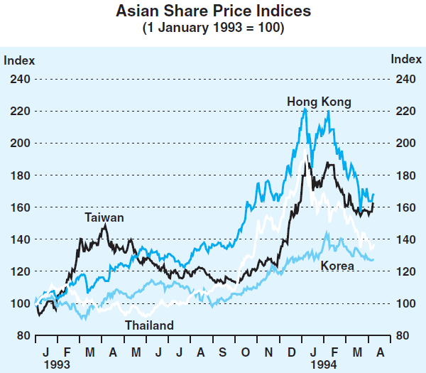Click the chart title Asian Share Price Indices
click(x=213, y=12)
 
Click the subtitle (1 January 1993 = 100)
click(x=213, y=28)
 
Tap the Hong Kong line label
click(x=319, y=102)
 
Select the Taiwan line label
click(x=104, y=217)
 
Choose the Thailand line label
click(x=149, y=325)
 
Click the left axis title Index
click(x=19, y=60)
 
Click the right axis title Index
click(x=407, y=60)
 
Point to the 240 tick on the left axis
click(x=19, y=79)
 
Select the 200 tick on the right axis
click(x=404, y=143)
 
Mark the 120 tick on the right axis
click(x=404, y=271)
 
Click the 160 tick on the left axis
click(x=19, y=207)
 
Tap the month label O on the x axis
click(x=246, y=352)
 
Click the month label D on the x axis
click(x=291, y=352)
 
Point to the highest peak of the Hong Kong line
click(x=305, y=109)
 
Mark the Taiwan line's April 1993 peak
click(x=105, y=225)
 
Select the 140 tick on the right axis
click(x=404, y=239)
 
